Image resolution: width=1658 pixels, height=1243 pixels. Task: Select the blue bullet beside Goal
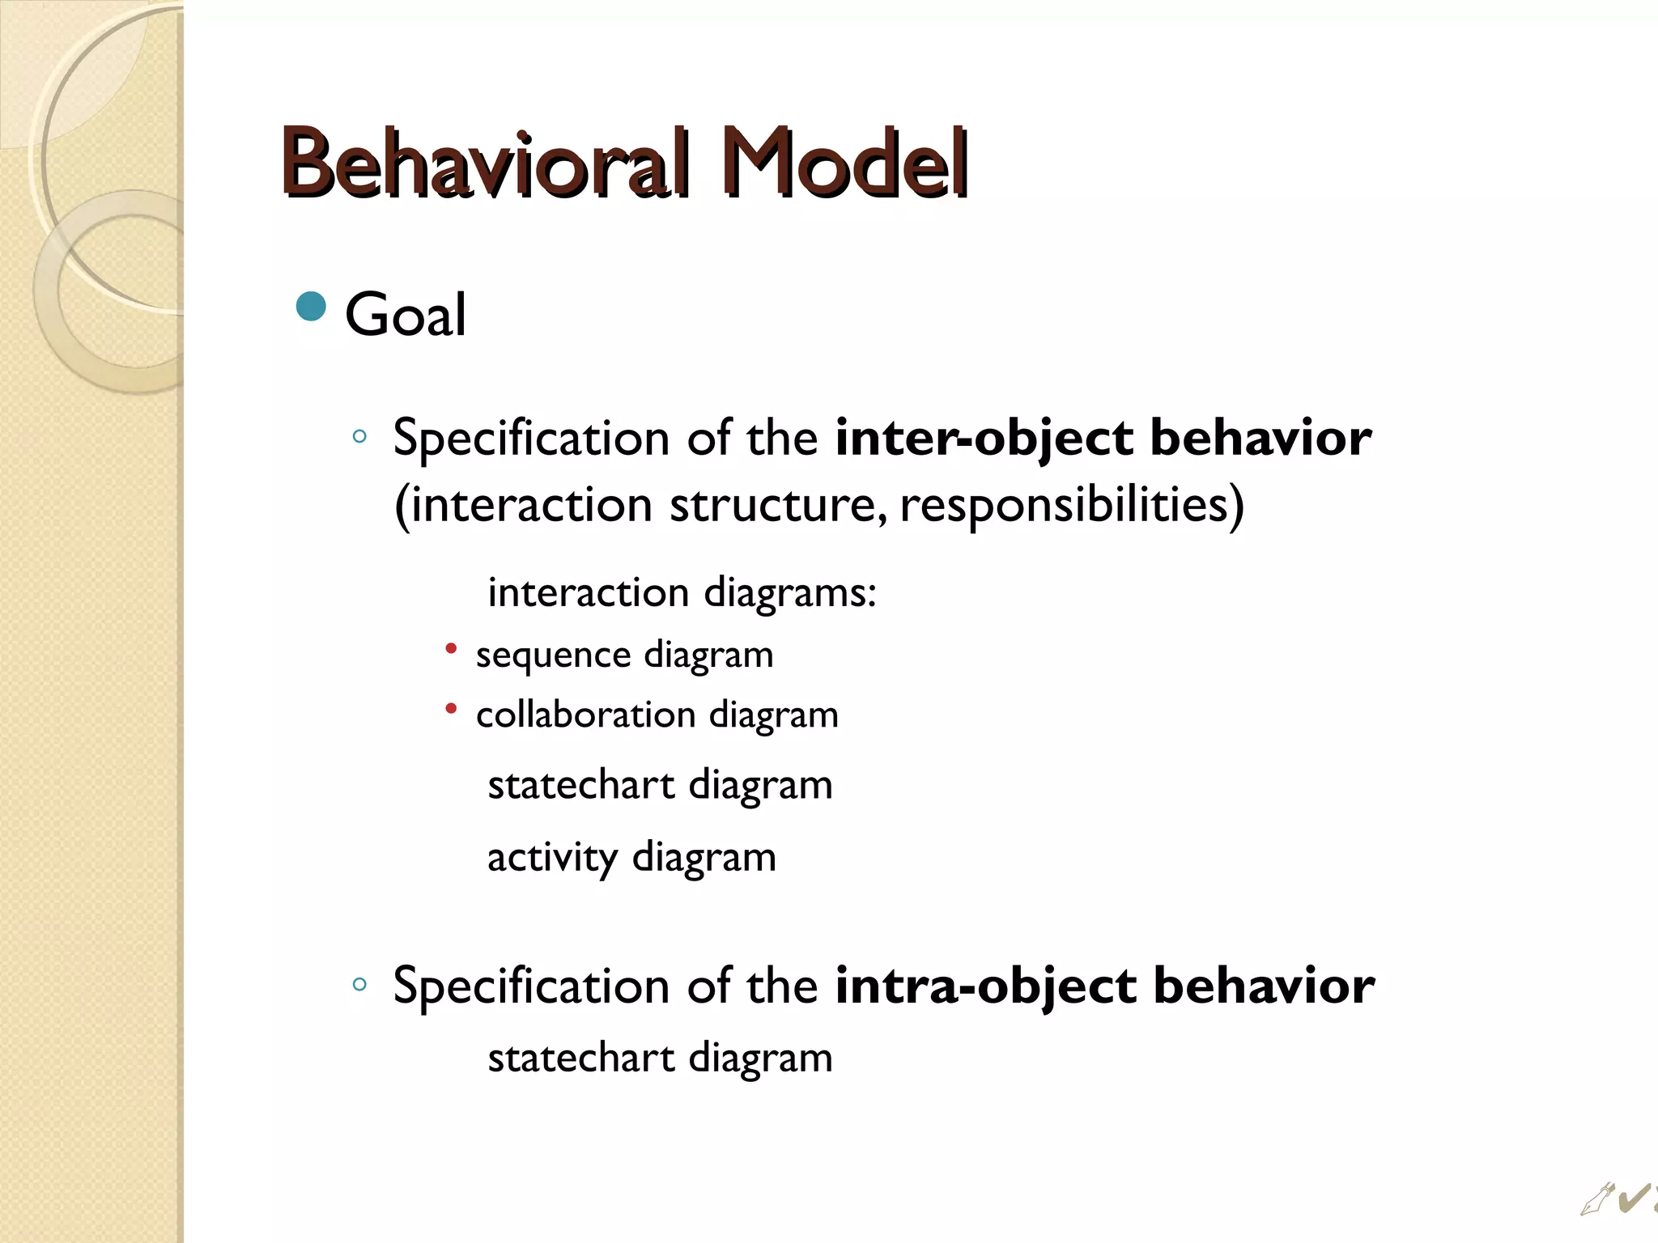click(311, 307)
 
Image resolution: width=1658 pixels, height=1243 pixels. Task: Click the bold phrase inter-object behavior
click(1103, 438)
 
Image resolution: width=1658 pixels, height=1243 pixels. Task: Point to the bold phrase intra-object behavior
click(1104, 986)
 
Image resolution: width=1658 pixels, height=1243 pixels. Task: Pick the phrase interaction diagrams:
click(682, 592)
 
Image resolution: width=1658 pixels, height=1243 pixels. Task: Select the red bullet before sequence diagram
click(452, 648)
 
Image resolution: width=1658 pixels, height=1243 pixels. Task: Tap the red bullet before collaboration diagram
click(452, 709)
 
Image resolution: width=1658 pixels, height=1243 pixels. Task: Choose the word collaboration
click(585, 715)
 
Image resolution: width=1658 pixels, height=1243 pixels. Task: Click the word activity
click(552, 857)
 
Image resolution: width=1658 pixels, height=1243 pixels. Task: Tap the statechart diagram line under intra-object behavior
click(660, 1058)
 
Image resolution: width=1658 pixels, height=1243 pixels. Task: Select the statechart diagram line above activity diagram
click(660, 785)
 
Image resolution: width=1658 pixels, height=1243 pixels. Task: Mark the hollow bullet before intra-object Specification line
click(360, 985)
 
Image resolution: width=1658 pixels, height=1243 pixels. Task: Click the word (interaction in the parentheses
click(523, 505)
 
